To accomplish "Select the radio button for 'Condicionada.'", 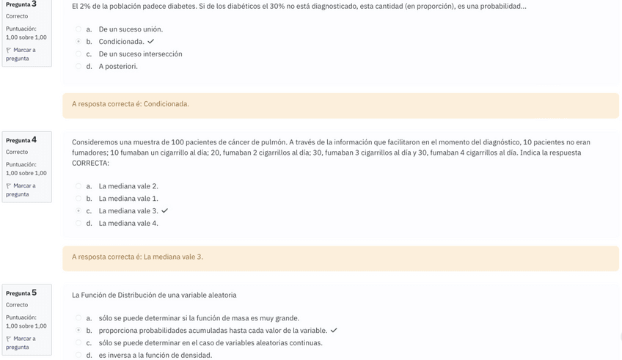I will tap(78, 42).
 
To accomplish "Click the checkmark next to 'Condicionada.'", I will tap(150, 42).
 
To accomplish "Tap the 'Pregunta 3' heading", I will tap(21, 4).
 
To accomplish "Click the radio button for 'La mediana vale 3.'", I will tap(78, 211).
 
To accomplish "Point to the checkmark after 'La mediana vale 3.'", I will tap(164, 211).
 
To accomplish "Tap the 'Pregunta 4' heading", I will tap(21, 140).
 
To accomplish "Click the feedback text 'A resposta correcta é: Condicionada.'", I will tap(130, 104).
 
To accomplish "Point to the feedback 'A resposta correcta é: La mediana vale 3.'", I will tap(137, 257).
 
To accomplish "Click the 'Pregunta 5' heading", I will tap(21, 293).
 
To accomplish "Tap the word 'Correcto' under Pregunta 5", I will tap(17, 305).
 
